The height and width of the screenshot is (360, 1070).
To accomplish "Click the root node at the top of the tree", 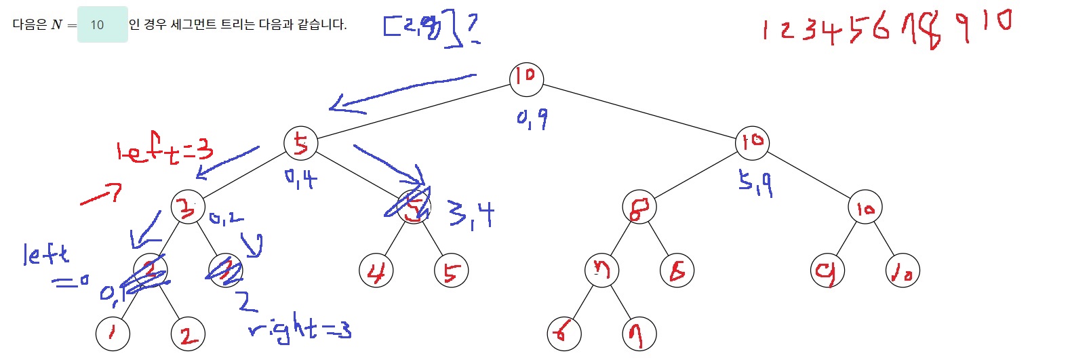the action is click(x=526, y=77).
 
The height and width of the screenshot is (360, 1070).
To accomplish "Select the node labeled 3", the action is click(x=188, y=207).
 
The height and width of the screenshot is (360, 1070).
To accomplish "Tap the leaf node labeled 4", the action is click(x=376, y=271).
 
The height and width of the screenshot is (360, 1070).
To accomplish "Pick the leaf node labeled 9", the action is click(x=827, y=271).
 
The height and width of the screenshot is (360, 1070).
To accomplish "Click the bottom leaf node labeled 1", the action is click(x=113, y=333).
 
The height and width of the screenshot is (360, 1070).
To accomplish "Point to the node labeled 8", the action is click(x=639, y=207).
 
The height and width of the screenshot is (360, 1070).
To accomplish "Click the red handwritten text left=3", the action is click(x=165, y=151).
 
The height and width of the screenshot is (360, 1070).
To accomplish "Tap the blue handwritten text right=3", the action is click(x=300, y=329).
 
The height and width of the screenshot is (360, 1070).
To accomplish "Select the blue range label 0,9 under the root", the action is click(x=532, y=119).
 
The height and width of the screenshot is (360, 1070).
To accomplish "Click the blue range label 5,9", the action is click(x=755, y=183).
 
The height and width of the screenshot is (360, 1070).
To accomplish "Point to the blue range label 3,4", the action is click(x=471, y=215).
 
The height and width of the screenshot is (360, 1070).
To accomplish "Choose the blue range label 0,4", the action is click(x=300, y=179).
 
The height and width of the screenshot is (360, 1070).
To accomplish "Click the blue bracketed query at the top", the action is click(x=424, y=28).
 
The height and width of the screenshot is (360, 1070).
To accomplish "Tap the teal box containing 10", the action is click(x=102, y=24).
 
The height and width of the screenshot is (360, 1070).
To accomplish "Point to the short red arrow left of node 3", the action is click(x=100, y=195).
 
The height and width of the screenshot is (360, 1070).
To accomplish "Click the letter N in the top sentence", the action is click(x=56, y=24).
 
